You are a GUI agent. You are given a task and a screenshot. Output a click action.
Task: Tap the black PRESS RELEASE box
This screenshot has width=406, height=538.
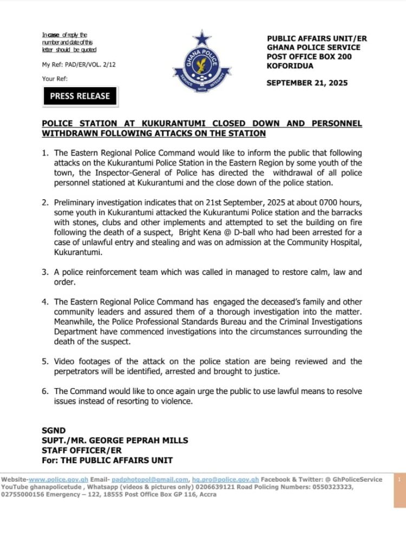pyautogui.click(x=80, y=96)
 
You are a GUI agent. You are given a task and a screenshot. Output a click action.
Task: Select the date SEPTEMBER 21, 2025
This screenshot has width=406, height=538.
pyautogui.click(x=307, y=83)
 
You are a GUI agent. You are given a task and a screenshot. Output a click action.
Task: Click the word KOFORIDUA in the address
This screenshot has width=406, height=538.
pyautogui.click(x=290, y=65)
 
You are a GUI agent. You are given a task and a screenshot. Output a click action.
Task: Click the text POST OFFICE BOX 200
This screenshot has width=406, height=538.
pyautogui.click(x=306, y=56)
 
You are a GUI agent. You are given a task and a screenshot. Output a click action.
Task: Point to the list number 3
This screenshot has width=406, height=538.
pyautogui.click(x=45, y=272)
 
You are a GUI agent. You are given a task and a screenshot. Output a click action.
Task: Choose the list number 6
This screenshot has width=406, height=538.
pyautogui.click(x=45, y=391)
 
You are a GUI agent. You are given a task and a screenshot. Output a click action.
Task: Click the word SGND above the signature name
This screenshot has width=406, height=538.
pyautogui.click(x=54, y=431)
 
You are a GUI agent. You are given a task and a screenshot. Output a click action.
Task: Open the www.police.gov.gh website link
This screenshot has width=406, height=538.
pyautogui.click(x=58, y=480)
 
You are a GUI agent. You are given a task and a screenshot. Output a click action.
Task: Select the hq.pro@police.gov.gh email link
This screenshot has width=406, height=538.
pyautogui.click(x=226, y=480)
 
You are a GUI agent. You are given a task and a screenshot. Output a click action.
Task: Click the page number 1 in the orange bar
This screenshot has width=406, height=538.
pyautogui.click(x=399, y=480)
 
